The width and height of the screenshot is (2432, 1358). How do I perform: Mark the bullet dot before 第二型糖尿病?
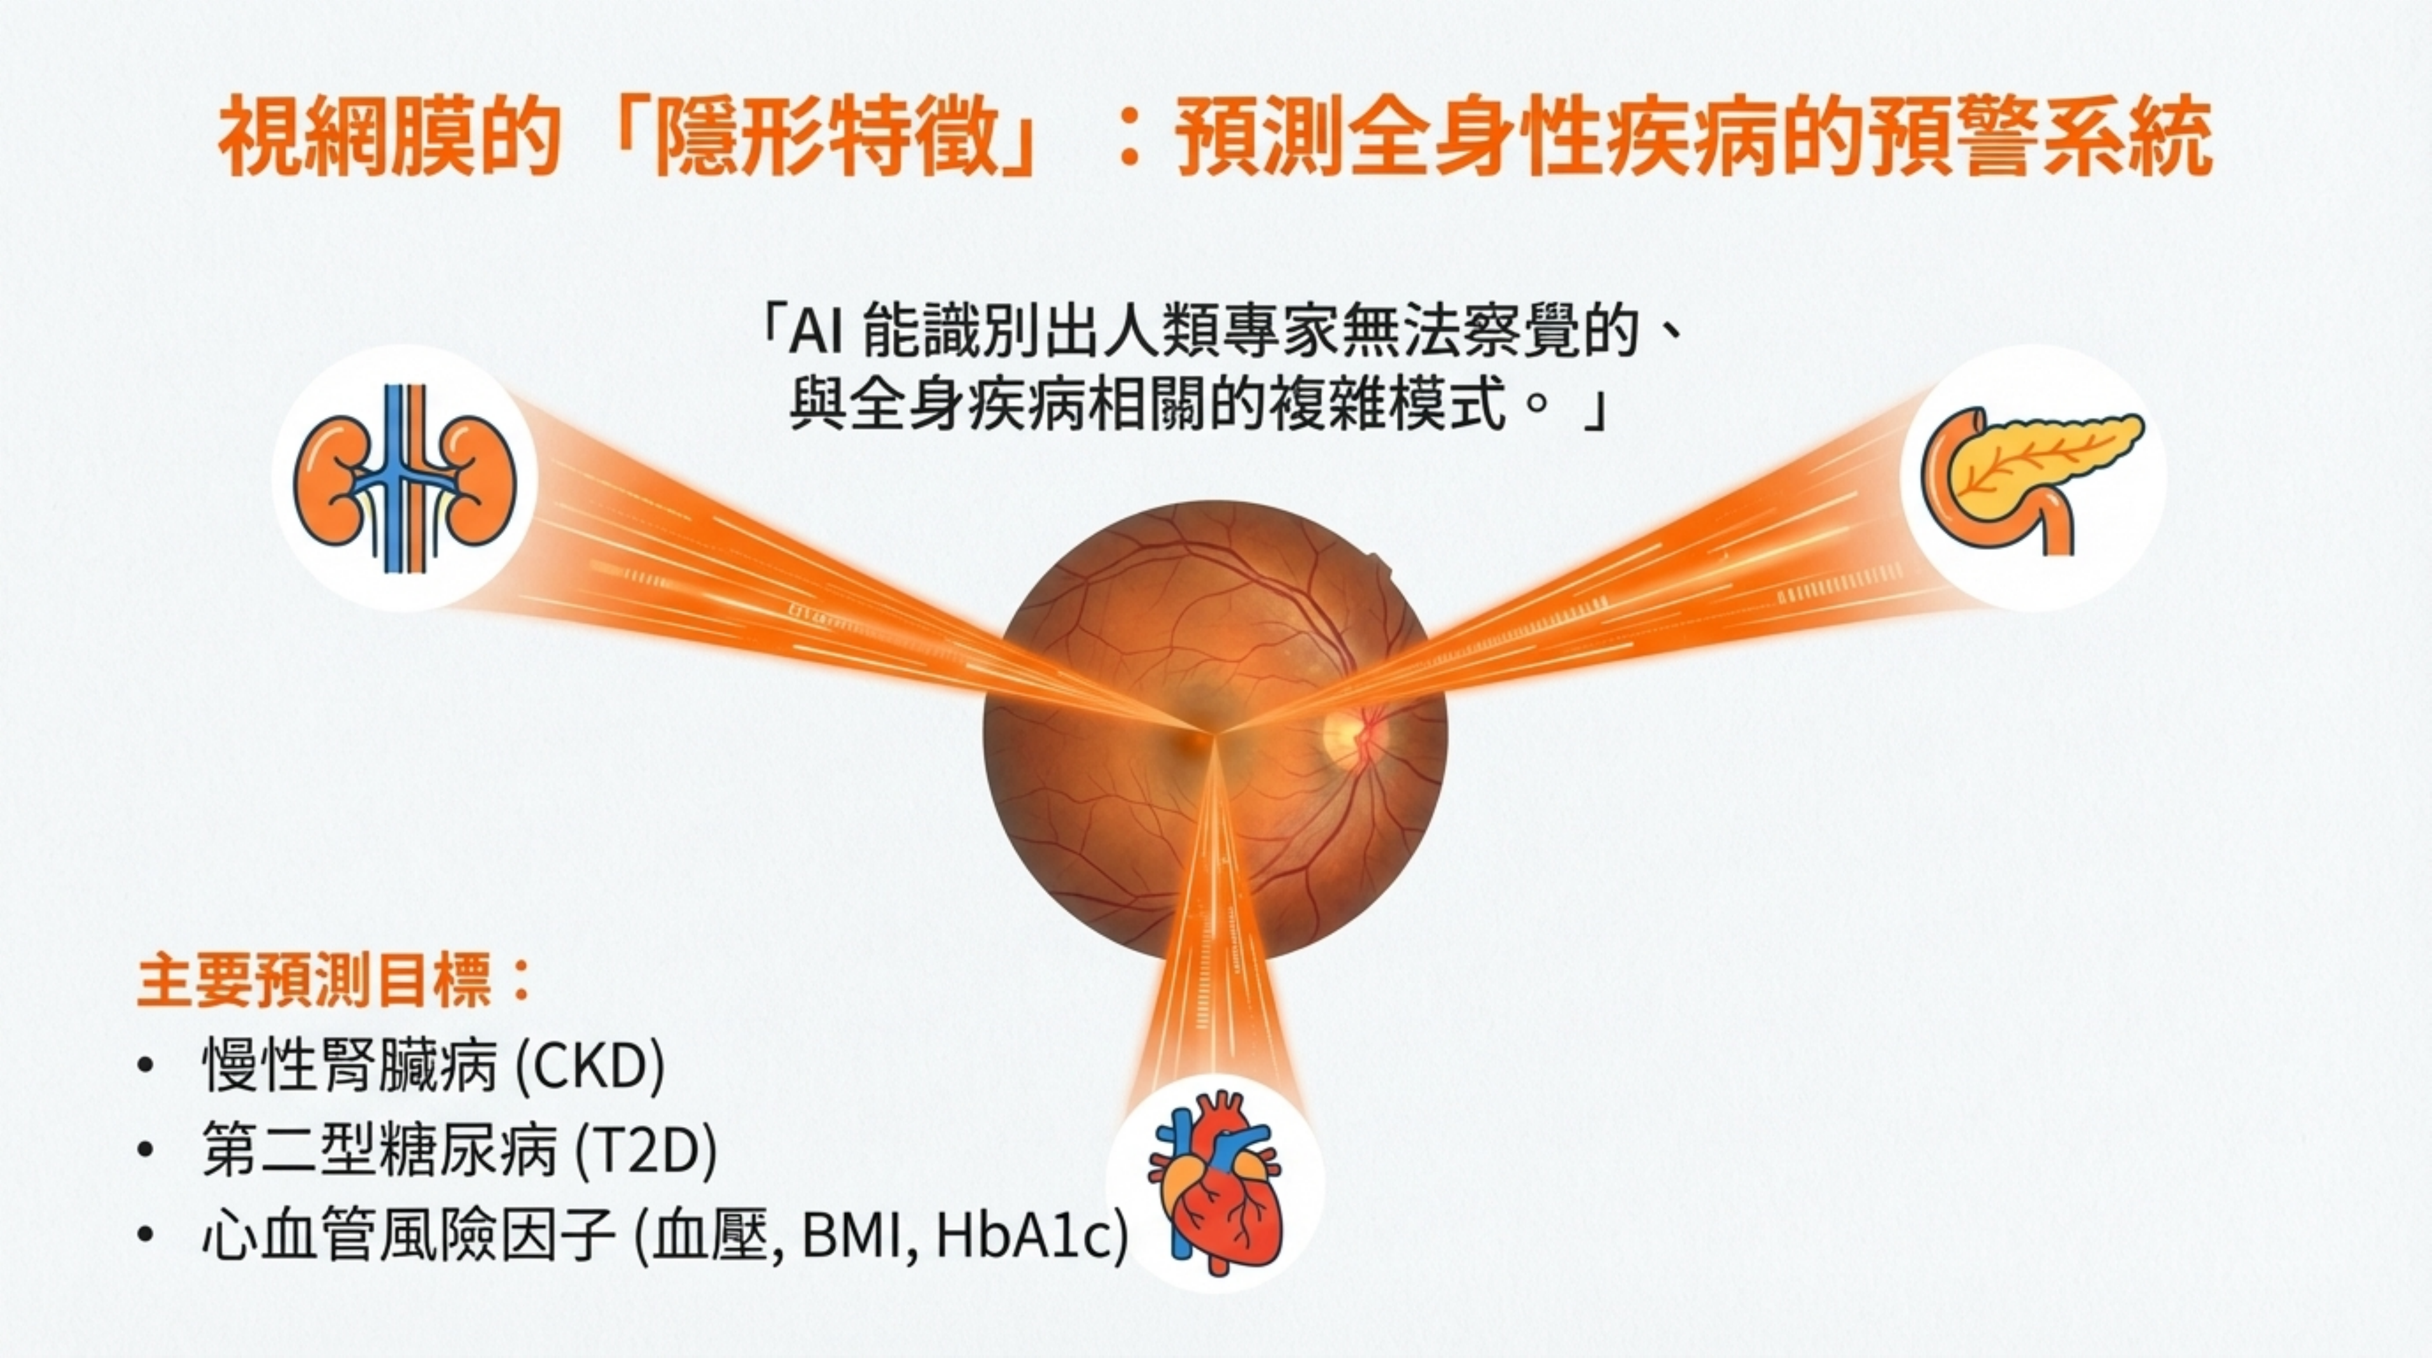point(144,1151)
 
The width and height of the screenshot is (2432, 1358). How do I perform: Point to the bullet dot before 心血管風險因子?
point(144,1235)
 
